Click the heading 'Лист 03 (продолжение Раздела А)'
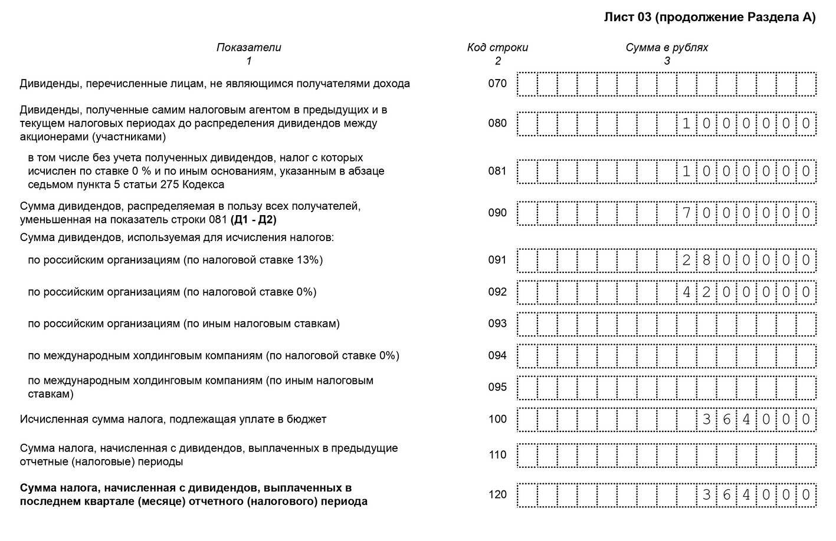pos(709,18)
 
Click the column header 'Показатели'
pos(248,48)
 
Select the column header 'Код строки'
pos(497,48)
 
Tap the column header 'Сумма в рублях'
pos(667,48)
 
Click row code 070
pos(497,84)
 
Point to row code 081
pos(497,171)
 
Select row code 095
pos(497,387)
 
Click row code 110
pos(497,455)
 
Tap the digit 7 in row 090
pos(687,213)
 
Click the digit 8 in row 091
pos(707,260)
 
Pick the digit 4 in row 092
pos(687,292)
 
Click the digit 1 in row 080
pos(687,124)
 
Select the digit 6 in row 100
pos(727,420)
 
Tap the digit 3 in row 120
pos(707,494)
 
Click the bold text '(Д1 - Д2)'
pos(253,220)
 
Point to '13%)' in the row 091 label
pos(311,260)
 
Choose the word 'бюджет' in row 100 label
pos(309,420)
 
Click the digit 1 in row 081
pos(687,172)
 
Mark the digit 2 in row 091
pos(687,260)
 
